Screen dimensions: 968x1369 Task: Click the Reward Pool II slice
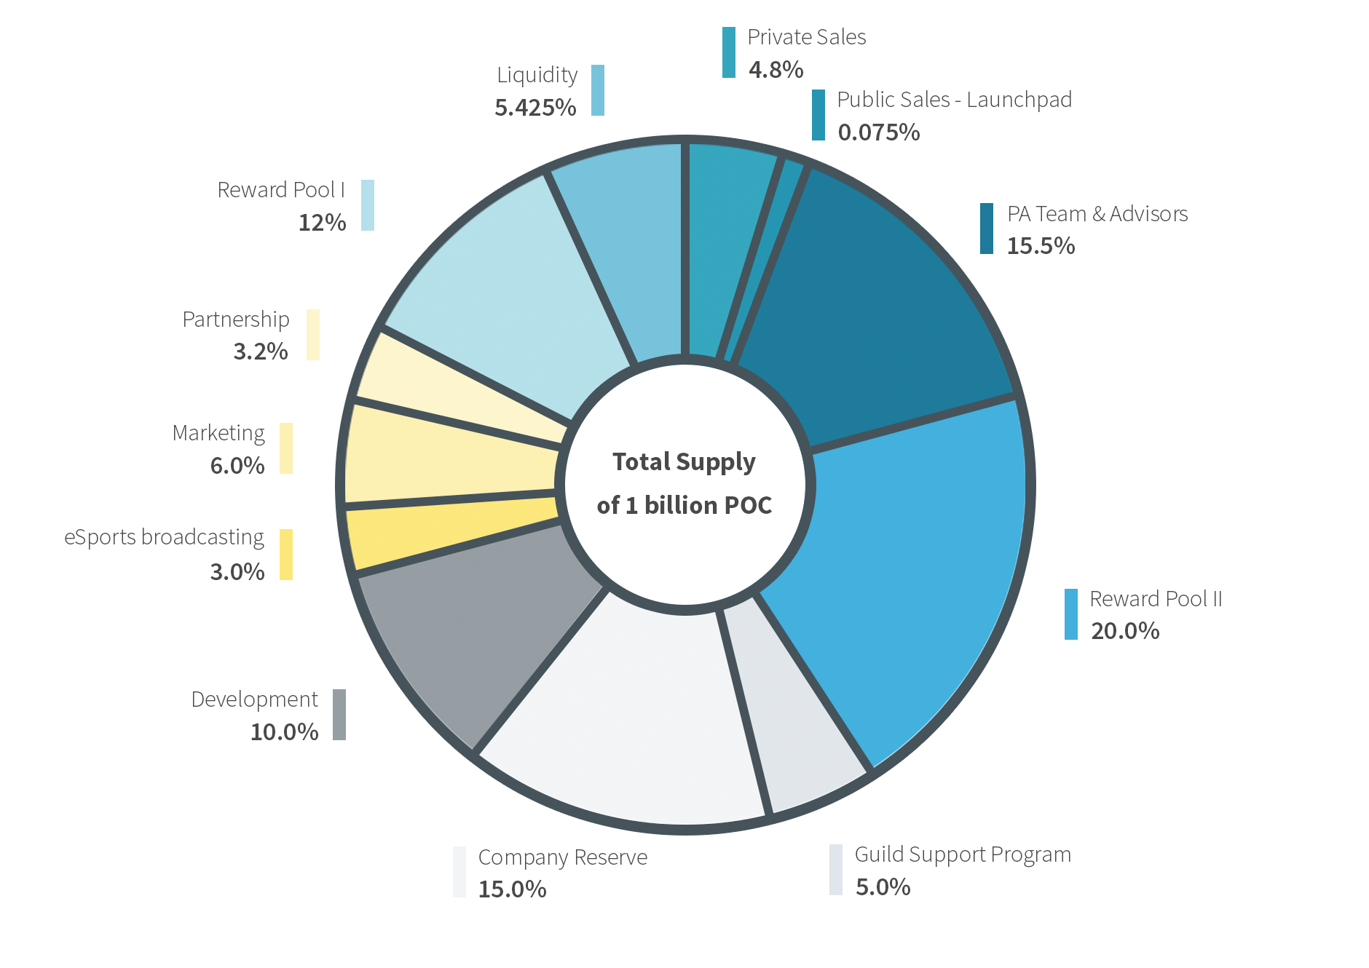pyautogui.click(x=910, y=582)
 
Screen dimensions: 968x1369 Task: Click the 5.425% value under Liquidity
pyautogui.click(x=535, y=108)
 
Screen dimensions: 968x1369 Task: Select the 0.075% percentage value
pyautogui.click(x=879, y=132)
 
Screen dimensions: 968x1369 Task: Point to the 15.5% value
pyautogui.click(x=1041, y=246)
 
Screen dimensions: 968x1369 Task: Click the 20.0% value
pyautogui.click(x=1124, y=631)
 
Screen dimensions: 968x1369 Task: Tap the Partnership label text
pyautogui.click(x=236, y=320)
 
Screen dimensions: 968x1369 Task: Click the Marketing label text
pyautogui.click(x=218, y=433)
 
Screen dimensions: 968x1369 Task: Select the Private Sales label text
pyautogui.click(x=807, y=37)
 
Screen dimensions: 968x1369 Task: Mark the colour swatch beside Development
pyautogui.click(x=339, y=715)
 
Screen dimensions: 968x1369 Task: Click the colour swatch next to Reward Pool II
pyautogui.click(x=1070, y=614)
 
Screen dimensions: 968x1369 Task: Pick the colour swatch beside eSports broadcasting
pyautogui.click(x=286, y=555)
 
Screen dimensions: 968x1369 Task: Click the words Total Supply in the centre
pyautogui.click(x=684, y=462)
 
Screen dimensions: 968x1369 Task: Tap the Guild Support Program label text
pyautogui.click(x=963, y=854)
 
